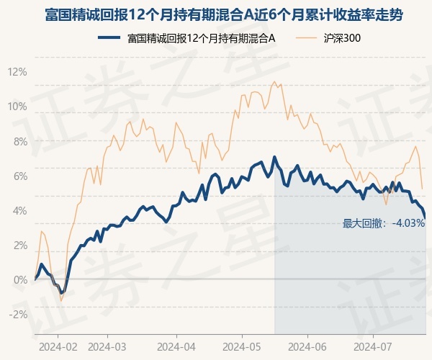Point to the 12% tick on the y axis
pyautogui.click(x=17, y=72)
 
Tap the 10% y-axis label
pyautogui.click(x=17, y=107)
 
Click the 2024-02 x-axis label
pyautogui.click(x=58, y=346)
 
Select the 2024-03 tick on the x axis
pyautogui.click(x=107, y=346)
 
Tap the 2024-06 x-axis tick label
pyautogui.click(x=307, y=346)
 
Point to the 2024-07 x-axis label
pyautogui.click(x=373, y=346)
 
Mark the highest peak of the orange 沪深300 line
pyautogui.click(x=274, y=81)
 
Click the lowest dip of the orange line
pyautogui.click(x=61, y=301)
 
